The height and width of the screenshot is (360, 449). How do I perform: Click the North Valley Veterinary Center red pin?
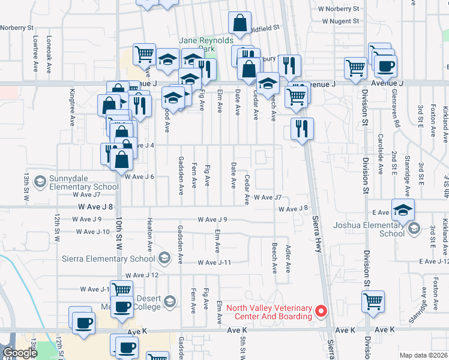pos(321,311)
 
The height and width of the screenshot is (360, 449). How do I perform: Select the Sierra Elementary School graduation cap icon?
pos(163,259)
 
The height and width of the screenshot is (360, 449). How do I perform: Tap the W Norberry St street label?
pos(338,9)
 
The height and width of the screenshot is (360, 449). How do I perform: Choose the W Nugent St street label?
pos(340,21)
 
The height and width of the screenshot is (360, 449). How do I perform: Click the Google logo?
pos(20,353)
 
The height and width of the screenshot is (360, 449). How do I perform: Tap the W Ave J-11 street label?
pos(215,263)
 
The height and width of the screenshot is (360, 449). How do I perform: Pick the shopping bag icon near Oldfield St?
pos(240,25)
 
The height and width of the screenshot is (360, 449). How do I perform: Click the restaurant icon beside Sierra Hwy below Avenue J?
pos(301,129)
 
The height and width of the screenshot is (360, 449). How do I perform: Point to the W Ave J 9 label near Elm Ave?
pos(213,220)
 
